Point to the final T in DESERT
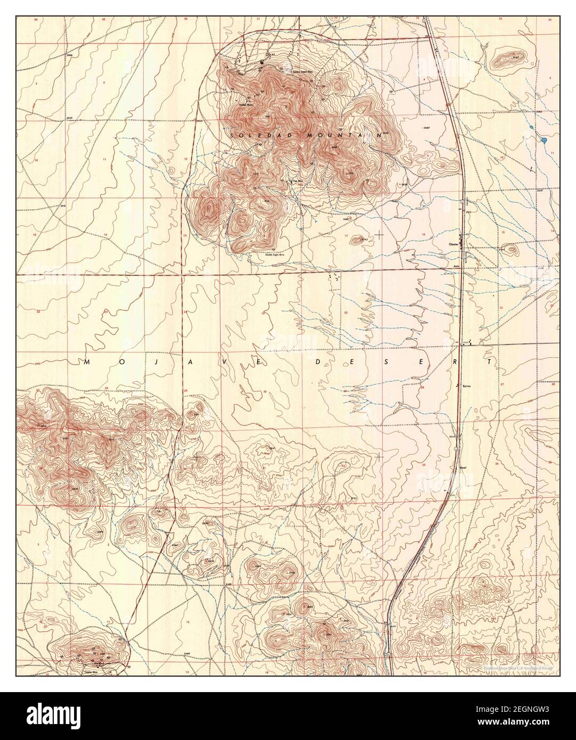click(495, 362)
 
